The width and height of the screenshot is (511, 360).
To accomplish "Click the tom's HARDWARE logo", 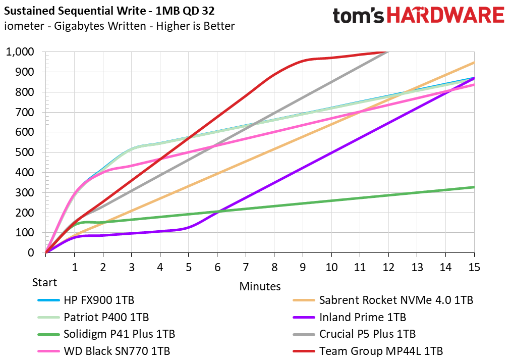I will click(x=418, y=15).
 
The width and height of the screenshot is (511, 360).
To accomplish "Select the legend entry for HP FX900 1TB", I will click(x=99, y=300).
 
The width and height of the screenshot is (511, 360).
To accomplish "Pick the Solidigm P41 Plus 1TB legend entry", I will click(x=119, y=334).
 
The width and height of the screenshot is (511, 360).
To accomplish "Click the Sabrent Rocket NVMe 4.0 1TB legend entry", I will click(x=396, y=300).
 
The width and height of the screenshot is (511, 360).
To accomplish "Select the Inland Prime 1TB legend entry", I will click(x=362, y=318).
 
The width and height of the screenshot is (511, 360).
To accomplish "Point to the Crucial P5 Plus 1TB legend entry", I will click(x=367, y=334).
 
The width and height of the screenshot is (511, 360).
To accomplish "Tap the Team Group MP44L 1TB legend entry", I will click(x=381, y=351).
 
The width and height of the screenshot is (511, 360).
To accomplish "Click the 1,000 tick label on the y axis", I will click(x=20, y=52).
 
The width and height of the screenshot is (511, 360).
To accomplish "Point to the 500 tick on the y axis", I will click(x=26, y=152).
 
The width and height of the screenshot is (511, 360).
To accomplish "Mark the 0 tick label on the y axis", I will click(x=31, y=253).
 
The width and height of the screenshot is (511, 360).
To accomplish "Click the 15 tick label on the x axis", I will click(x=474, y=266).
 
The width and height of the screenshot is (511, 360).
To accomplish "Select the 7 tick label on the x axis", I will click(x=246, y=266).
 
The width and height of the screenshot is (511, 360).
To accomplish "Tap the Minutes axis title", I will click(x=260, y=286).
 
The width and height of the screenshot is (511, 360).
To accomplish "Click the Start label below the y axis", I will click(x=45, y=282).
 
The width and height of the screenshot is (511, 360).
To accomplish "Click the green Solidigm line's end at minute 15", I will click(x=474, y=187).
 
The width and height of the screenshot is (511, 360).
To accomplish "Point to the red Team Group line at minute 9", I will click(x=303, y=61).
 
